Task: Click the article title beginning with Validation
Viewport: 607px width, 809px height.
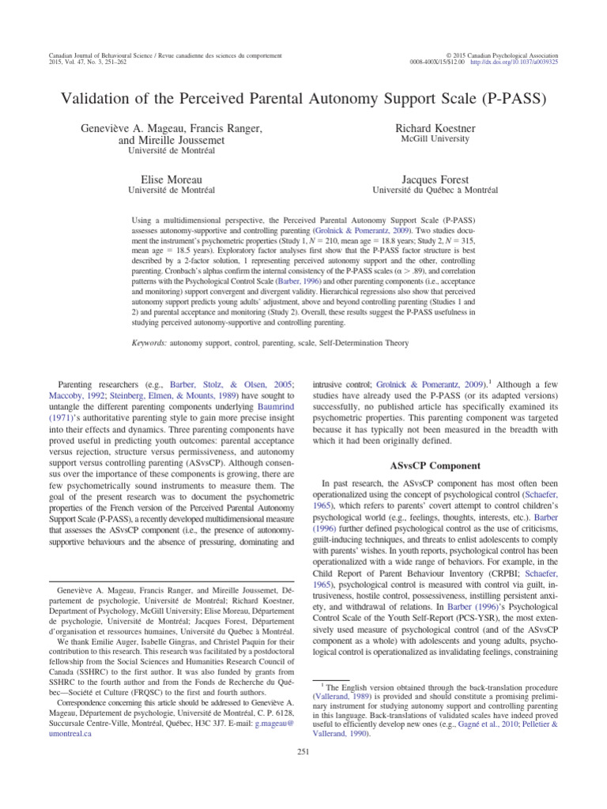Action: tap(303, 100)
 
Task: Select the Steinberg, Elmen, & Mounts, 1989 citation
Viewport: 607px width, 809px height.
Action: tap(176, 396)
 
